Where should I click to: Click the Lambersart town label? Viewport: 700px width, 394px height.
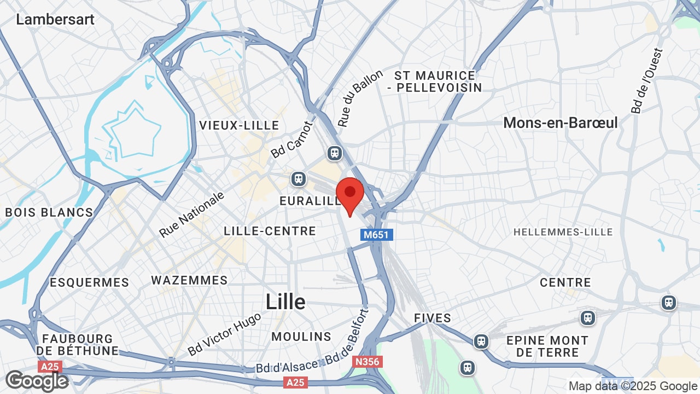(55, 20)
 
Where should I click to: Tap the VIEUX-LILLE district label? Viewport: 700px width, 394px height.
(240, 125)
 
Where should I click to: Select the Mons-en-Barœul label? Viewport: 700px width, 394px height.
(561, 123)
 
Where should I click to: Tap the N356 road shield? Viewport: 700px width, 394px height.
(367, 362)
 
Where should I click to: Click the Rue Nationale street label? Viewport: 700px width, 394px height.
(192, 214)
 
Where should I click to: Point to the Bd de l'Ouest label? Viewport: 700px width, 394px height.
(647, 81)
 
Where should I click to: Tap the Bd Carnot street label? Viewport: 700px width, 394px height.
(293, 140)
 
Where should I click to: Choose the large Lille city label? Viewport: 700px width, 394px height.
(285, 302)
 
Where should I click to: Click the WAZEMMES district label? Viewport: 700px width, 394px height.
(189, 280)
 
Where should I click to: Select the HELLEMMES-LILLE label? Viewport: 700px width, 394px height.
(563, 233)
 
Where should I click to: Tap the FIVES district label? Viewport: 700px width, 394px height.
(433, 318)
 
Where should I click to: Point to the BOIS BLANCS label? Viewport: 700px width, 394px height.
(49, 212)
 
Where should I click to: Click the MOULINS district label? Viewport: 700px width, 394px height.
(301, 337)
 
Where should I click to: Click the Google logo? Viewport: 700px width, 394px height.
(37, 381)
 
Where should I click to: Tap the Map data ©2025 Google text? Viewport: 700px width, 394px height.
(633, 386)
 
